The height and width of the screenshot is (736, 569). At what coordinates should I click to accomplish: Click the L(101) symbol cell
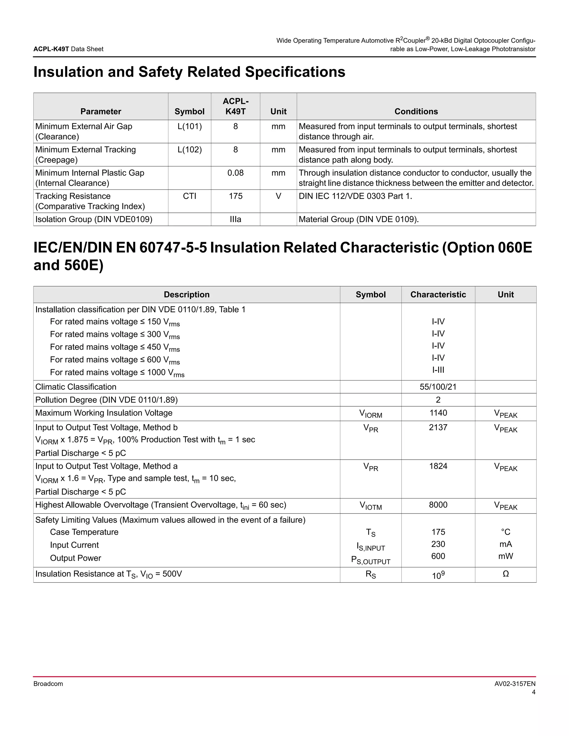pyautogui.click(x=189, y=126)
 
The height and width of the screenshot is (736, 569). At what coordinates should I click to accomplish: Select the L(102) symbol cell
pyautogui.click(x=189, y=150)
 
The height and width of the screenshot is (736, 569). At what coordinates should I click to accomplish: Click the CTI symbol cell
pyautogui.click(x=189, y=196)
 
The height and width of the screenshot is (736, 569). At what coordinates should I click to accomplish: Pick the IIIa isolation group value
pyautogui.click(x=235, y=219)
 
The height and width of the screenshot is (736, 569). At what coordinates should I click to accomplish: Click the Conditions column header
pyautogui.click(x=416, y=112)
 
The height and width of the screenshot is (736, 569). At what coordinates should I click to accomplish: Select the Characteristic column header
pyautogui.click(x=438, y=294)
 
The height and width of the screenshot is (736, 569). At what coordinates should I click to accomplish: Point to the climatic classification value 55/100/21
pyautogui.click(x=438, y=387)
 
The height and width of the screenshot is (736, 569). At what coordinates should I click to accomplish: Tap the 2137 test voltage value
pyautogui.click(x=438, y=427)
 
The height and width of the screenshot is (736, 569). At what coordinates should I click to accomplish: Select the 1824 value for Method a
pyautogui.click(x=438, y=466)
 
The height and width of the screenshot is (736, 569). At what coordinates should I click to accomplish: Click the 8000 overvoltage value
pyautogui.click(x=438, y=505)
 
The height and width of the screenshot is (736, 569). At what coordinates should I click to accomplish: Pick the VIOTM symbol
pyautogui.click(x=370, y=505)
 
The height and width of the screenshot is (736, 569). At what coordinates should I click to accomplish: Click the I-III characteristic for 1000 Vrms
pyautogui.click(x=438, y=370)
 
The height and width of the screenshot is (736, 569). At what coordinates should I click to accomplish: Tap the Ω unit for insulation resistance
pyautogui.click(x=505, y=574)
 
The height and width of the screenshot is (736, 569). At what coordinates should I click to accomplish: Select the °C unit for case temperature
pyautogui.click(x=505, y=532)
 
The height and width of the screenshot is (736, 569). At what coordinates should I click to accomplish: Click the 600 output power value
pyautogui.click(x=438, y=556)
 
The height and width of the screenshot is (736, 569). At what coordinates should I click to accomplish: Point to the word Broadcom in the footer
pyautogui.click(x=48, y=684)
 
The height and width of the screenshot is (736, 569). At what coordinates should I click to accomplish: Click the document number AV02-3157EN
pyautogui.click(x=515, y=684)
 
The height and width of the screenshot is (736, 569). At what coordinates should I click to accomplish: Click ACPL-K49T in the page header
pyautogui.click(x=51, y=49)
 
